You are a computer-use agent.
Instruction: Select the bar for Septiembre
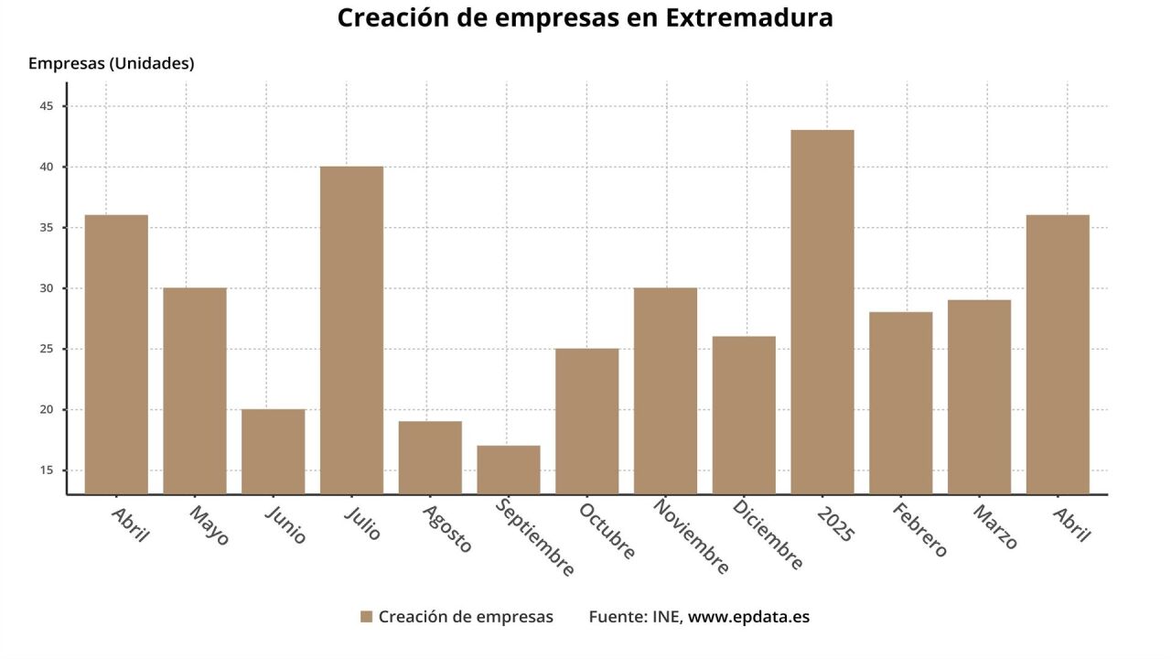pyautogui.click(x=509, y=470)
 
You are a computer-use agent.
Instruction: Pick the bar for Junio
pyautogui.click(x=273, y=451)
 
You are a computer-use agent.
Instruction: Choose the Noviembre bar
pyautogui.click(x=665, y=391)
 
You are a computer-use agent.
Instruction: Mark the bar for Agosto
pyautogui.click(x=430, y=458)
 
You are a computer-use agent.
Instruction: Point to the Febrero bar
pyautogui.click(x=901, y=403)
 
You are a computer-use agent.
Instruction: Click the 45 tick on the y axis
pyautogui.click(x=47, y=106)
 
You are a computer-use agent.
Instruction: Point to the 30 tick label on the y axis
pyautogui.click(x=47, y=288)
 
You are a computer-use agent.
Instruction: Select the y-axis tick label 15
pyautogui.click(x=47, y=470)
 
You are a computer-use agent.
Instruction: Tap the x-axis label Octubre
pyautogui.click(x=607, y=531)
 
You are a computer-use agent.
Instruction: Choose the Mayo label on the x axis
pyautogui.click(x=209, y=525)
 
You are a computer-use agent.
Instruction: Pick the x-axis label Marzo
pyautogui.click(x=995, y=526)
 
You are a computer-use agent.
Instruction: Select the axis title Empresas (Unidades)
pyautogui.click(x=111, y=63)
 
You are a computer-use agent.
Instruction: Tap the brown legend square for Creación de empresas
pyautogui.click(x=366, y=617)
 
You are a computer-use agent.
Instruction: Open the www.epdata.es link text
pyautogui.click(x=748, y=617)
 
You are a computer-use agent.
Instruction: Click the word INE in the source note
pyautogui.click(x=666, y=617)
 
